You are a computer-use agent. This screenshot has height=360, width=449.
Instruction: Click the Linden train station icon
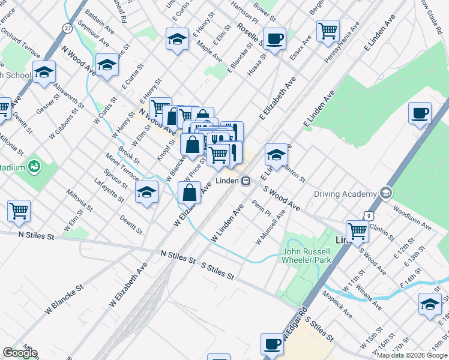pyautogui.click(x=246, y=181)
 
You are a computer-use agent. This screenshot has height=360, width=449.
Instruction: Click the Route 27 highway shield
pyautogui.click(x=68, y=28)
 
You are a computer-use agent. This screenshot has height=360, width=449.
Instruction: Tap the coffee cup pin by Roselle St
pyautogui.click(x=275, y=39)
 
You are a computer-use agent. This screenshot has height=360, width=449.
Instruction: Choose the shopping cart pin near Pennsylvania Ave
pyautogui.click(x=328, y=30)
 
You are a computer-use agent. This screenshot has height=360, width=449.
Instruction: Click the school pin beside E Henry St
pyautogui.click(x=177, y=40)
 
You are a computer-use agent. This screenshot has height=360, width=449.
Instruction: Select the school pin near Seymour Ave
pyautogui.click(x=107, y=65)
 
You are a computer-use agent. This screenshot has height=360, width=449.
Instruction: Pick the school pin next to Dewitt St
pyautogui.click(x=146, y=192)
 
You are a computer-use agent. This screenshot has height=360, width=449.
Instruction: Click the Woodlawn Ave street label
pyautogui.click(x=412, y=218)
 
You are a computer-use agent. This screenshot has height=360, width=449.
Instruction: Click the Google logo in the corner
pyautogui.click(x=20, y=353)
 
